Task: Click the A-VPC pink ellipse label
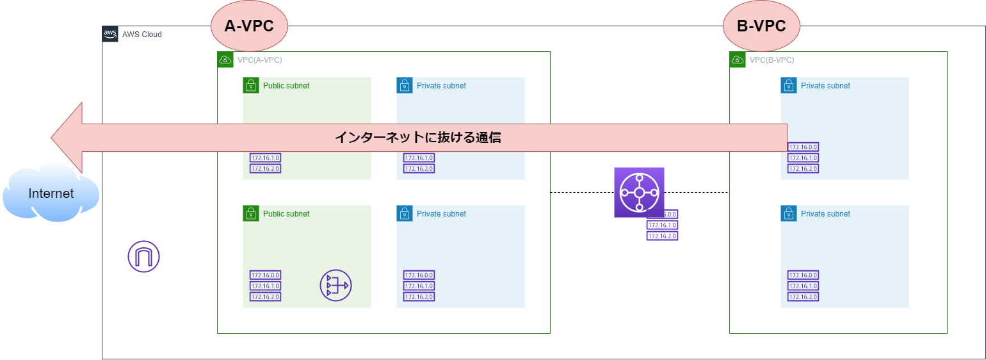pyautogui.click(x=249, y=26)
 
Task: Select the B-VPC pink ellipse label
pyautogui.click(x=761, y=26)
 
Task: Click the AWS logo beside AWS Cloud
pyautogui.click(x=110, y=34)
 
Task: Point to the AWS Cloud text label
pyautogui.click(x=142, y=35)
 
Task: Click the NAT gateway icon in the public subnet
pyautogui.click(x=335, y=286)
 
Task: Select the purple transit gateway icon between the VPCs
pyautogui.click(x=638, y=192)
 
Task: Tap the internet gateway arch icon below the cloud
pyautogui.click(x=143, y=258)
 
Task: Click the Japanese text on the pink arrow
pyautogui.click(x=417, y=137)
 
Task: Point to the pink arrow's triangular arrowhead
pyautogui.click(x=68, y=137)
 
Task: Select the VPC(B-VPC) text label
pyautogui.click(x=772, y=60)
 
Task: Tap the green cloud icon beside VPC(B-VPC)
pyautogui.click(x=737, y=60)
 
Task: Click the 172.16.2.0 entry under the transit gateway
pyautogui.click(x=662, y=236)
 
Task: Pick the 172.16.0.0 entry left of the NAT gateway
pyautogui.click(x=265, y=275)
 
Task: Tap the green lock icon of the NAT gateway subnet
pyautogui.click(x=250, y=213)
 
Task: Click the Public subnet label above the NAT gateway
pyautogui.click(x=286, y=214)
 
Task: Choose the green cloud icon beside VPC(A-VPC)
pyautogui.click(x=225, y=60)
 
